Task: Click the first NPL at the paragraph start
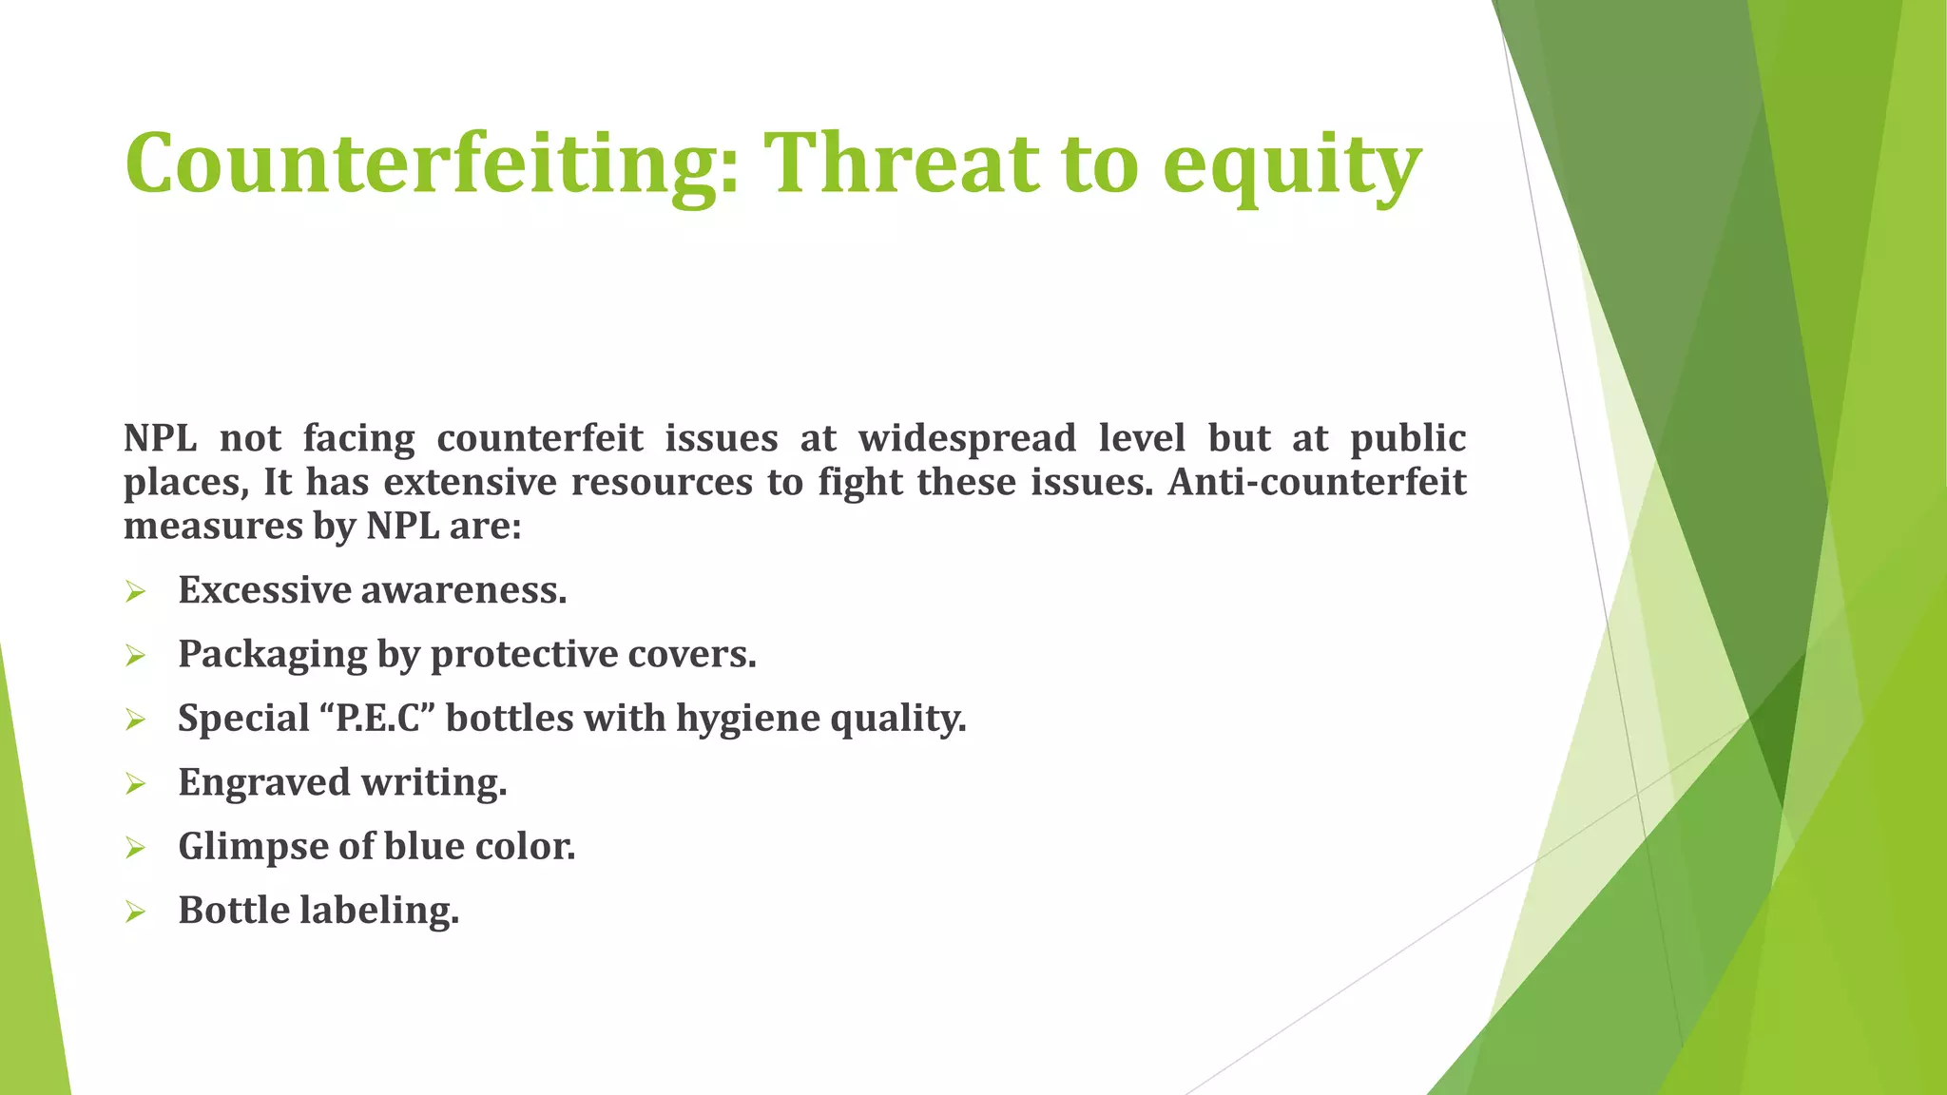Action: click(x=160, y=438)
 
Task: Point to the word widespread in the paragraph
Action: click(x=967, y=439)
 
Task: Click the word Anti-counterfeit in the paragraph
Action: click(x=1317, y=482)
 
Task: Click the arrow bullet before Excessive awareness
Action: click(x=135, y=592)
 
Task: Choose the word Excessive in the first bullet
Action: click(x=264, y=590)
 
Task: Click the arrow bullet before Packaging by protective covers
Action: click(x=135, y=656)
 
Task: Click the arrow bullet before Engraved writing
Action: click(x=135, y=784)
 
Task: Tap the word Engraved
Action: click(x=263, y=783)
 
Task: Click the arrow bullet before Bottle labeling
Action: click(x=135, y=912)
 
